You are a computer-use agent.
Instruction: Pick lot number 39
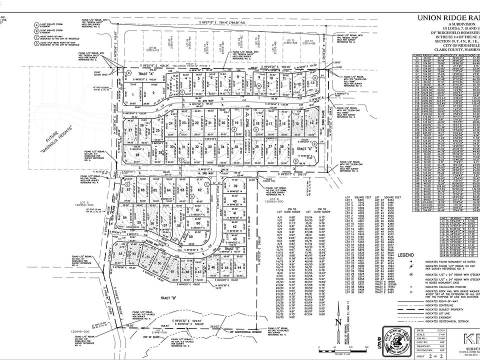235,186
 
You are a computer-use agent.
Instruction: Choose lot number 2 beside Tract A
153,92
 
